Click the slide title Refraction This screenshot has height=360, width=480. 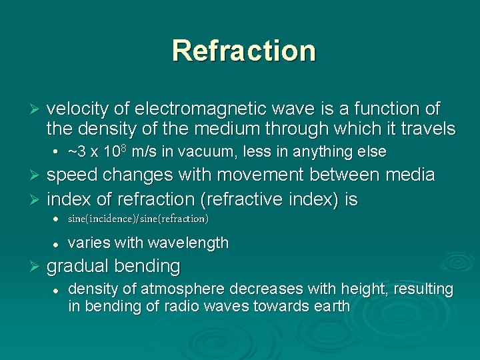coord(243,51)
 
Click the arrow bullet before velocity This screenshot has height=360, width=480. coord(37,109)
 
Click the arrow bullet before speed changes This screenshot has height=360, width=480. coord(37,176)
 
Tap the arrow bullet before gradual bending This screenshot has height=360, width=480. coord(37,267)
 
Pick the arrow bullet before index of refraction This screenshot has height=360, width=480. coord(37,200)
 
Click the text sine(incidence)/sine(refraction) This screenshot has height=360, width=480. coord(138,219)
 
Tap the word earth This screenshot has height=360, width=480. coord(331,307)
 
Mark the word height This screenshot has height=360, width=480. coord(357,289)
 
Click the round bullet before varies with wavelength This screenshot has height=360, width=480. coord(57,243)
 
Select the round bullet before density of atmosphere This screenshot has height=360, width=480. coord(57,290)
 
